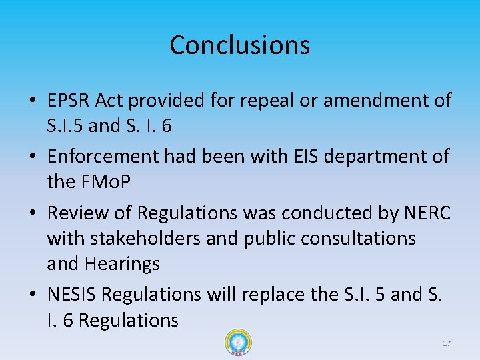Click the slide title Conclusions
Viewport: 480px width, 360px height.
pyautogui.click(x=239, y=45)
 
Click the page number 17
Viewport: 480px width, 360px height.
pyautogui.click(x=447, y=343)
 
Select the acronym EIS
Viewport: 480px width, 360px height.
pyautogui.click(x=305, y=157)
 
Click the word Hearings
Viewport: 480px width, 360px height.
pyautogui.click(x=122, y=264)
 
